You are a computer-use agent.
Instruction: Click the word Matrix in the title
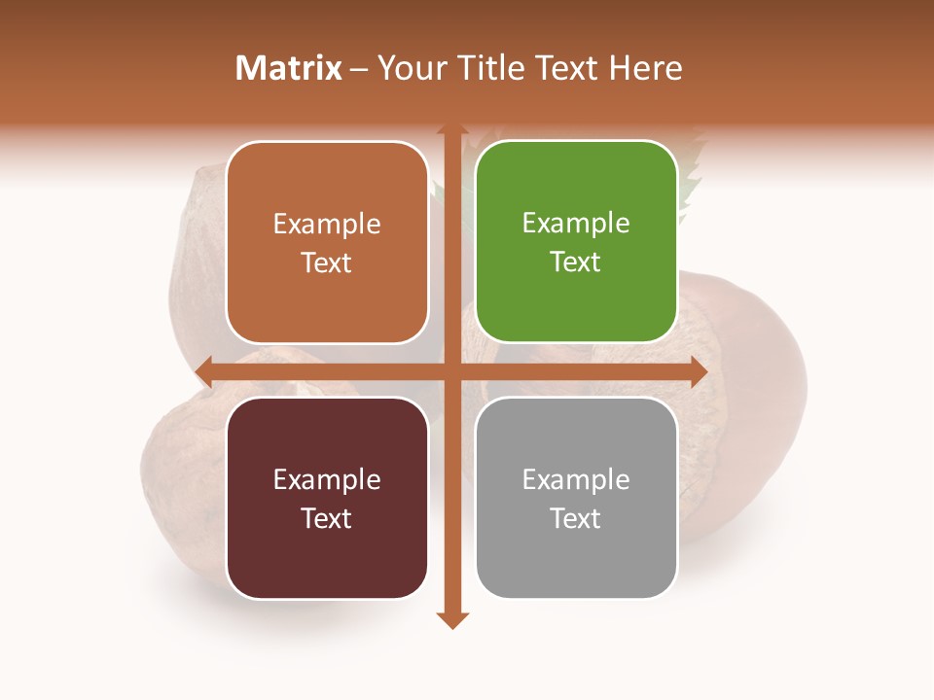coord(289,68)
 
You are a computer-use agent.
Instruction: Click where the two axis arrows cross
coord(451,371)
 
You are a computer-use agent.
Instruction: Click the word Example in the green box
coord(576,223)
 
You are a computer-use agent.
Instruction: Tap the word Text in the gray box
coord(576,518)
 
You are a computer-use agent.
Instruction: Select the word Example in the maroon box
coord(327,479)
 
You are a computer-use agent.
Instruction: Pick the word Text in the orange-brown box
coord(327,262)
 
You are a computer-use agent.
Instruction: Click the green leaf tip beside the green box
coord(693,175)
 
